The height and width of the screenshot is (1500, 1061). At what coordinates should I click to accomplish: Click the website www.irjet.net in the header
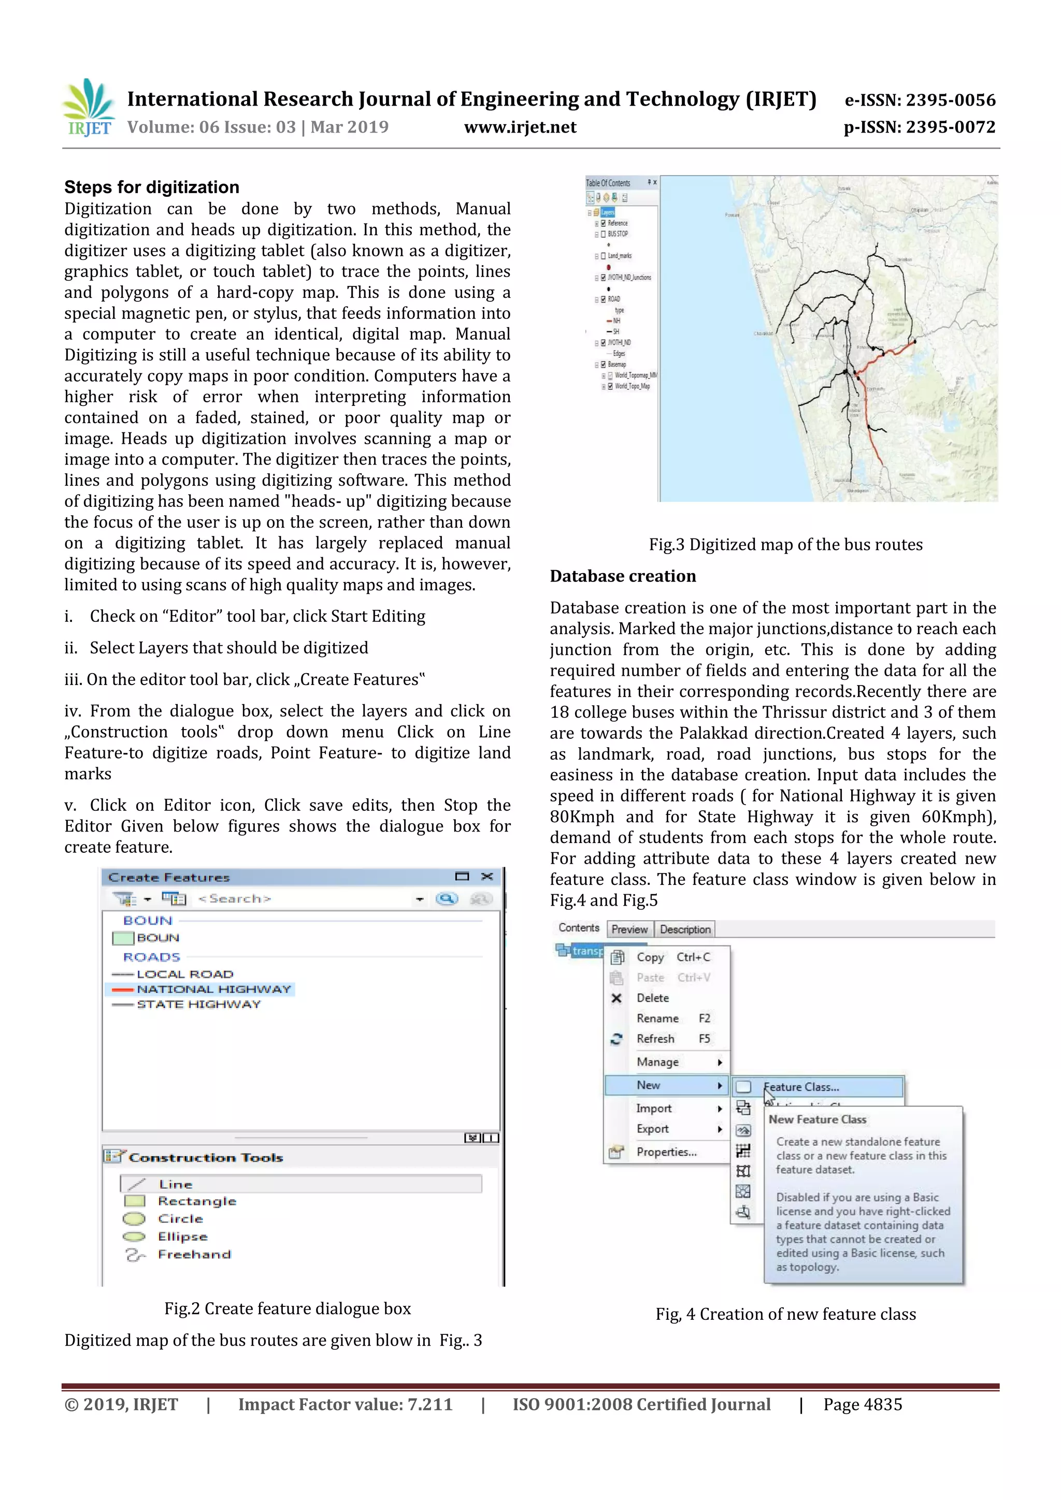coord(520,127)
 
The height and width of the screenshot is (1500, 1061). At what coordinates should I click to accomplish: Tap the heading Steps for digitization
coord(152,187)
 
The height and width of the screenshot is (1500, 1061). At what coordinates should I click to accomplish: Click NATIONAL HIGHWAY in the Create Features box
coord(213,989)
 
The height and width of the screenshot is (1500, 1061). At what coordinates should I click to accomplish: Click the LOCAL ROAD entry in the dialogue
coord(184,974)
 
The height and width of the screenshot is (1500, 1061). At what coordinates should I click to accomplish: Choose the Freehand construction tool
coord(194,1255)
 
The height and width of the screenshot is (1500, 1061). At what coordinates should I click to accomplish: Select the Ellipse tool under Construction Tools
coord(182,1237)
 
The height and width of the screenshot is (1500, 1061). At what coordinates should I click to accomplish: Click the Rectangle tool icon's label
coord(197,1201)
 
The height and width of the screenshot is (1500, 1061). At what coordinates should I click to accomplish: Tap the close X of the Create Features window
coord(486,877)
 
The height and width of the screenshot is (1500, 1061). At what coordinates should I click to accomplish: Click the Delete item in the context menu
coord(652,998)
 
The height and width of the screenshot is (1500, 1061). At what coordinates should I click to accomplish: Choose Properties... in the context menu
coord(666,1152)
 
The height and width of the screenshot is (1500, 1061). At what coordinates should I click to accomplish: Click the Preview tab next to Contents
coord(629,929)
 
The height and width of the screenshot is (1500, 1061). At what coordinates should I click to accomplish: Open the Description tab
coord(684,929)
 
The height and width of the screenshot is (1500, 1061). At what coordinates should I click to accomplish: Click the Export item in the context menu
coord(652,1129)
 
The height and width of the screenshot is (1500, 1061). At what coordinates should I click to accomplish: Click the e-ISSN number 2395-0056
coord(951,100)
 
